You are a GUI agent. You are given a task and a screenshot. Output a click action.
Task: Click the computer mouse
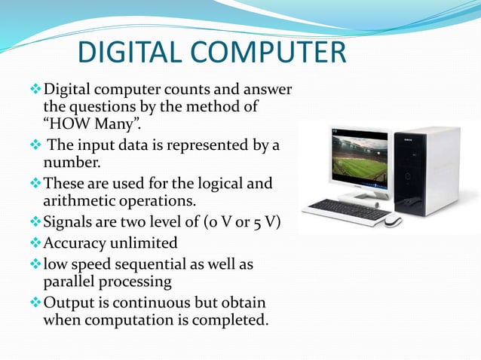[x=392, y=220]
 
